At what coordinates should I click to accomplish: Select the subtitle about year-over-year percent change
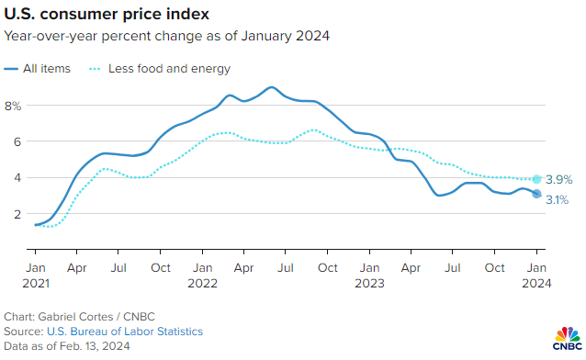166,37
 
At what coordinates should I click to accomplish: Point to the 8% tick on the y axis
13,106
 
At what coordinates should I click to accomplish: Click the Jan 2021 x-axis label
35,275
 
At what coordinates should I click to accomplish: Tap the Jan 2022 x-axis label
202,275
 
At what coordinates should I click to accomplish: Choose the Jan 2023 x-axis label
369,275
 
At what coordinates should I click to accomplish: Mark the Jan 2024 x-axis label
536,275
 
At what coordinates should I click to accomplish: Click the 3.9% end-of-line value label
558,180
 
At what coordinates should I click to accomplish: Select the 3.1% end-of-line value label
558,199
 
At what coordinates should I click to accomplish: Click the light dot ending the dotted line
537,179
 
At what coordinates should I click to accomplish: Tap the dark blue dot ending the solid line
537,194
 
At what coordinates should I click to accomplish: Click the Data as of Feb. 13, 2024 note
67,346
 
